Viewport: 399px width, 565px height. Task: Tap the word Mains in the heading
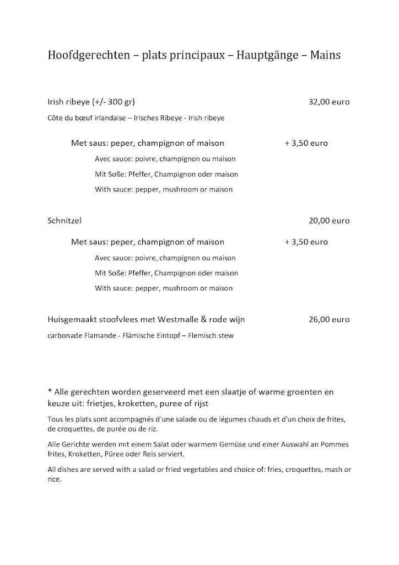(x=326, y=55)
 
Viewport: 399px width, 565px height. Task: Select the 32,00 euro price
(x=329, y=102)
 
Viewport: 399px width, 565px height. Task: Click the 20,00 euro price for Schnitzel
(x=329, y=221)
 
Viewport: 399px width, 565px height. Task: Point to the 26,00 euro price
(x=329, y=319)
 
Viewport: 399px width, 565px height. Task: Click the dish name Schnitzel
(x=64, y=221)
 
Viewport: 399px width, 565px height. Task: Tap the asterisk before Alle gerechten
(x=50, y=391)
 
